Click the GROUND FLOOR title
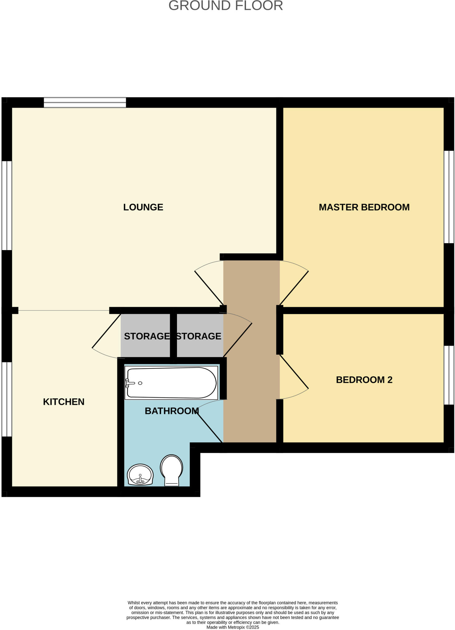pos(226,6)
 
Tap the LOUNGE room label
pos(143,207)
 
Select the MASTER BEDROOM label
pos(364,207)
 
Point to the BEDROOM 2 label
pos(364,380)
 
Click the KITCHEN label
pos(64,402)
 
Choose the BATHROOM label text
pos(172,411)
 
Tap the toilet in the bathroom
pos(171,469)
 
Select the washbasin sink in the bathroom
pos(140,475)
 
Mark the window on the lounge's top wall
pos(85,102)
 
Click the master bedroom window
pos(449,197)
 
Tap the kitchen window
pos(7,399)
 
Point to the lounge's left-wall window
pos(7,205)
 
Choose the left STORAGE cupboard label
pos(146,336)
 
